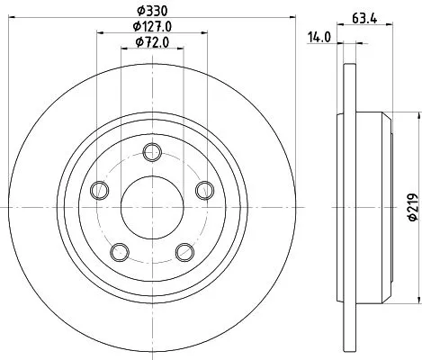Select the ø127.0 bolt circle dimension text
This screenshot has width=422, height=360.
pyautogui.click(x=153, y=27)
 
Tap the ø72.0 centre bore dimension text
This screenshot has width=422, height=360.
pyautogui.click(x=153, y=42)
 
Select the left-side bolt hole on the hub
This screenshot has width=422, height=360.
pyautogui.click(x=99, y=189)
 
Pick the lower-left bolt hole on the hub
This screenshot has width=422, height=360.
pyautogui.click(x=119, y=251)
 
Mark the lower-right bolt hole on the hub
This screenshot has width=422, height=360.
pyautogui.click(x=184, y=251)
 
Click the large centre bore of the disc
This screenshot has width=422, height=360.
pyautogui.click(x=152, y=206)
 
